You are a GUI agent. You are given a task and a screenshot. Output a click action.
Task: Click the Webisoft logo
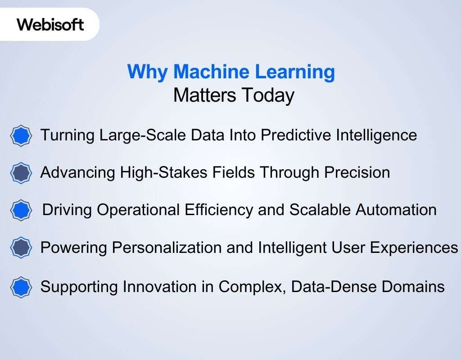[50, 24]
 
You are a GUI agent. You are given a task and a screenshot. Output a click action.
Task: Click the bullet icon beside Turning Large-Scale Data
[21, 135]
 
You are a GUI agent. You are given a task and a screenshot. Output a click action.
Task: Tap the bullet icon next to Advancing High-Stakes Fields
[21, 173]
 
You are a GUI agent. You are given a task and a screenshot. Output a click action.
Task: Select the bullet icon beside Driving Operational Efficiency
[21, 210]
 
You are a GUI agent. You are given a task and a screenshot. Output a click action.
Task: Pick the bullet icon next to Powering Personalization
[21, 247]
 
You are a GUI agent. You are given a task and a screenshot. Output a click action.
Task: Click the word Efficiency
[219, 210]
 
